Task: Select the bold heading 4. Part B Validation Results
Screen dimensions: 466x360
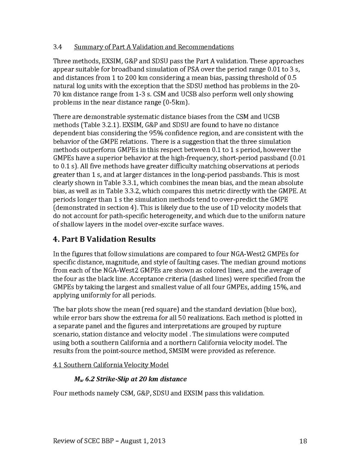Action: pyautogui.click(x=104, y=239)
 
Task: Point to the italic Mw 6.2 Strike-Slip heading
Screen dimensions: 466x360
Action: pyautogui.click(x=130, y=379)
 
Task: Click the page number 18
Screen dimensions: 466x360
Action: pyautogui.click(x=303, y=441)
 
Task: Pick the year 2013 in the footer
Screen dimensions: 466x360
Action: pyautogui.click(x=157, y=441)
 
